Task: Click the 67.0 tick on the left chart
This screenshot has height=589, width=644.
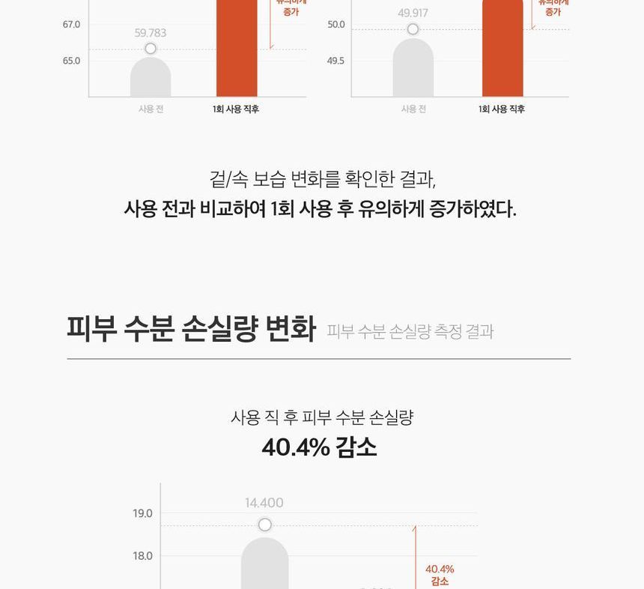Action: click(71, 25)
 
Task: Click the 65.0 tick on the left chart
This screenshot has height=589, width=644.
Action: click(71, 61)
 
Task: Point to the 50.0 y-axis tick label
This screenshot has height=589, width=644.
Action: click(336, 25)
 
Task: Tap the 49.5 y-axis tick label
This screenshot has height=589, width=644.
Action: click(336, 61)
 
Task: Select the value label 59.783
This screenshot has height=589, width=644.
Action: click(151, 33)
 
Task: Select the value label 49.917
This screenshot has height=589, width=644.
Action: click(413, 13)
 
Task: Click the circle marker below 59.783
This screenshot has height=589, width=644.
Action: click(151, 49)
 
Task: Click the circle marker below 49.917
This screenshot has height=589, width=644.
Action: click(413, 29)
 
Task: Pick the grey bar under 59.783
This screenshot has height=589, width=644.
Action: click(151, 78)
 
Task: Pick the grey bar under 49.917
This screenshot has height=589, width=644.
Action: click(413, 69)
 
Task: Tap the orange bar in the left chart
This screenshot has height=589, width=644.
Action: click(237, 49)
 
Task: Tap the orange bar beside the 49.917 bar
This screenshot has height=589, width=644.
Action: click(502, 49)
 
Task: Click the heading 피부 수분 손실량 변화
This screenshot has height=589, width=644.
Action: click(191, 329)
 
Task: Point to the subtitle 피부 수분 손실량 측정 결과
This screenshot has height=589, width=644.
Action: click(410, 331)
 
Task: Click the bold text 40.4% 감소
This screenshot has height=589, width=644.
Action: click(320, 447)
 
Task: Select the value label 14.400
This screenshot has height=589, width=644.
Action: click(264, 503)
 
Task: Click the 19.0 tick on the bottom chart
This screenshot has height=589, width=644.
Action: click(143, 513)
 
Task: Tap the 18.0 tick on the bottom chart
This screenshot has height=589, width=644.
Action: click(143, 556)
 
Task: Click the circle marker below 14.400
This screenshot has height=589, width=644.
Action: click(264, 525)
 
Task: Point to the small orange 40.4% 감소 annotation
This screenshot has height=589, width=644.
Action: click(440, 575)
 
